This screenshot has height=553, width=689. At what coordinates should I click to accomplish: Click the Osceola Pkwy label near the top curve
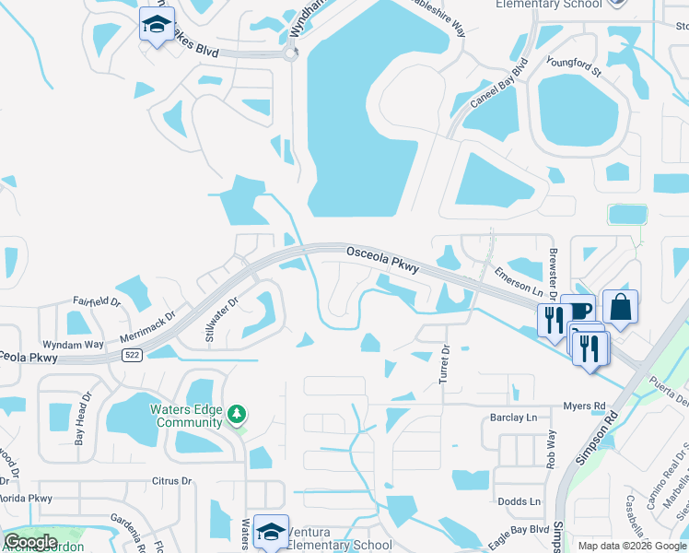pos(382,259)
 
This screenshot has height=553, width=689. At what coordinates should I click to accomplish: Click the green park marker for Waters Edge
pos(238,415)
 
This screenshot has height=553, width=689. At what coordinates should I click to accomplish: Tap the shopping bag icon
pos(620,309)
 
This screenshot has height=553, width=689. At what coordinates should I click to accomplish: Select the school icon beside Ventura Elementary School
pos(271,531)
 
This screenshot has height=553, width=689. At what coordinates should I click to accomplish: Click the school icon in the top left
pos(157,24)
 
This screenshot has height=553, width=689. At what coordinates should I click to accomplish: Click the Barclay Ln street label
pos(513,417)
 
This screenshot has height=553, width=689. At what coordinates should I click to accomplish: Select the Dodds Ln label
pos(520,501)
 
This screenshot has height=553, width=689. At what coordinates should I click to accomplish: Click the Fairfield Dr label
pos(97,301)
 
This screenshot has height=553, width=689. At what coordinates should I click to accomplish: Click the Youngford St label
pos(574,66)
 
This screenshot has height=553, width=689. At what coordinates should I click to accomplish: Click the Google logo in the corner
pos(31,541)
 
